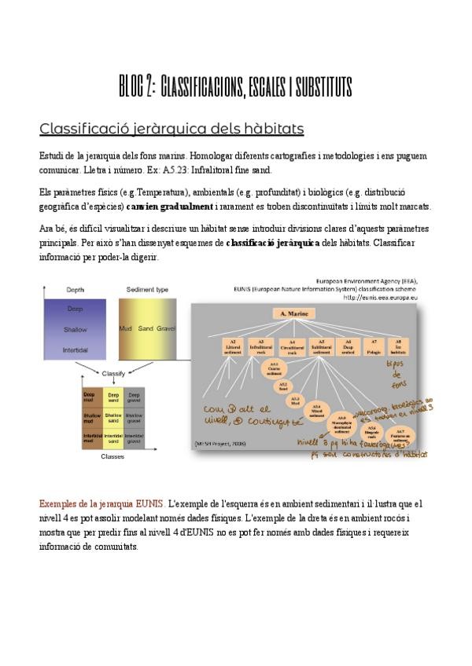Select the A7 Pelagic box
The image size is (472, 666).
click(375, 346)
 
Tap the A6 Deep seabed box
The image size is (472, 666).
click(347, 346)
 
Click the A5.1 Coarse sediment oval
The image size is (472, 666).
click(274, 369)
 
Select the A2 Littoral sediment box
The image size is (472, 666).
click(233, 346)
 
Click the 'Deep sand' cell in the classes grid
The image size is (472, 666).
click(113, 398)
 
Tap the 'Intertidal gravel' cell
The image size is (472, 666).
click(134, 437)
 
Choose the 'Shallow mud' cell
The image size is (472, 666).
click(93, 417)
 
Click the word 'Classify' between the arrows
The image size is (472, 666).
click(113, 372)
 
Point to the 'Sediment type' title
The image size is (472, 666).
click(146, 289)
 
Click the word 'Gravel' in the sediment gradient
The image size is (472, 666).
click(165, 328)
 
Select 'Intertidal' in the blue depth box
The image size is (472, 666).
click(76, 349)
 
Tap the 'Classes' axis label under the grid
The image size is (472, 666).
click(113, 456)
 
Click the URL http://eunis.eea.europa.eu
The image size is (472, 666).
click(380, 298)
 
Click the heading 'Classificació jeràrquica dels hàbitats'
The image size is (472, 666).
click(171, 128)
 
